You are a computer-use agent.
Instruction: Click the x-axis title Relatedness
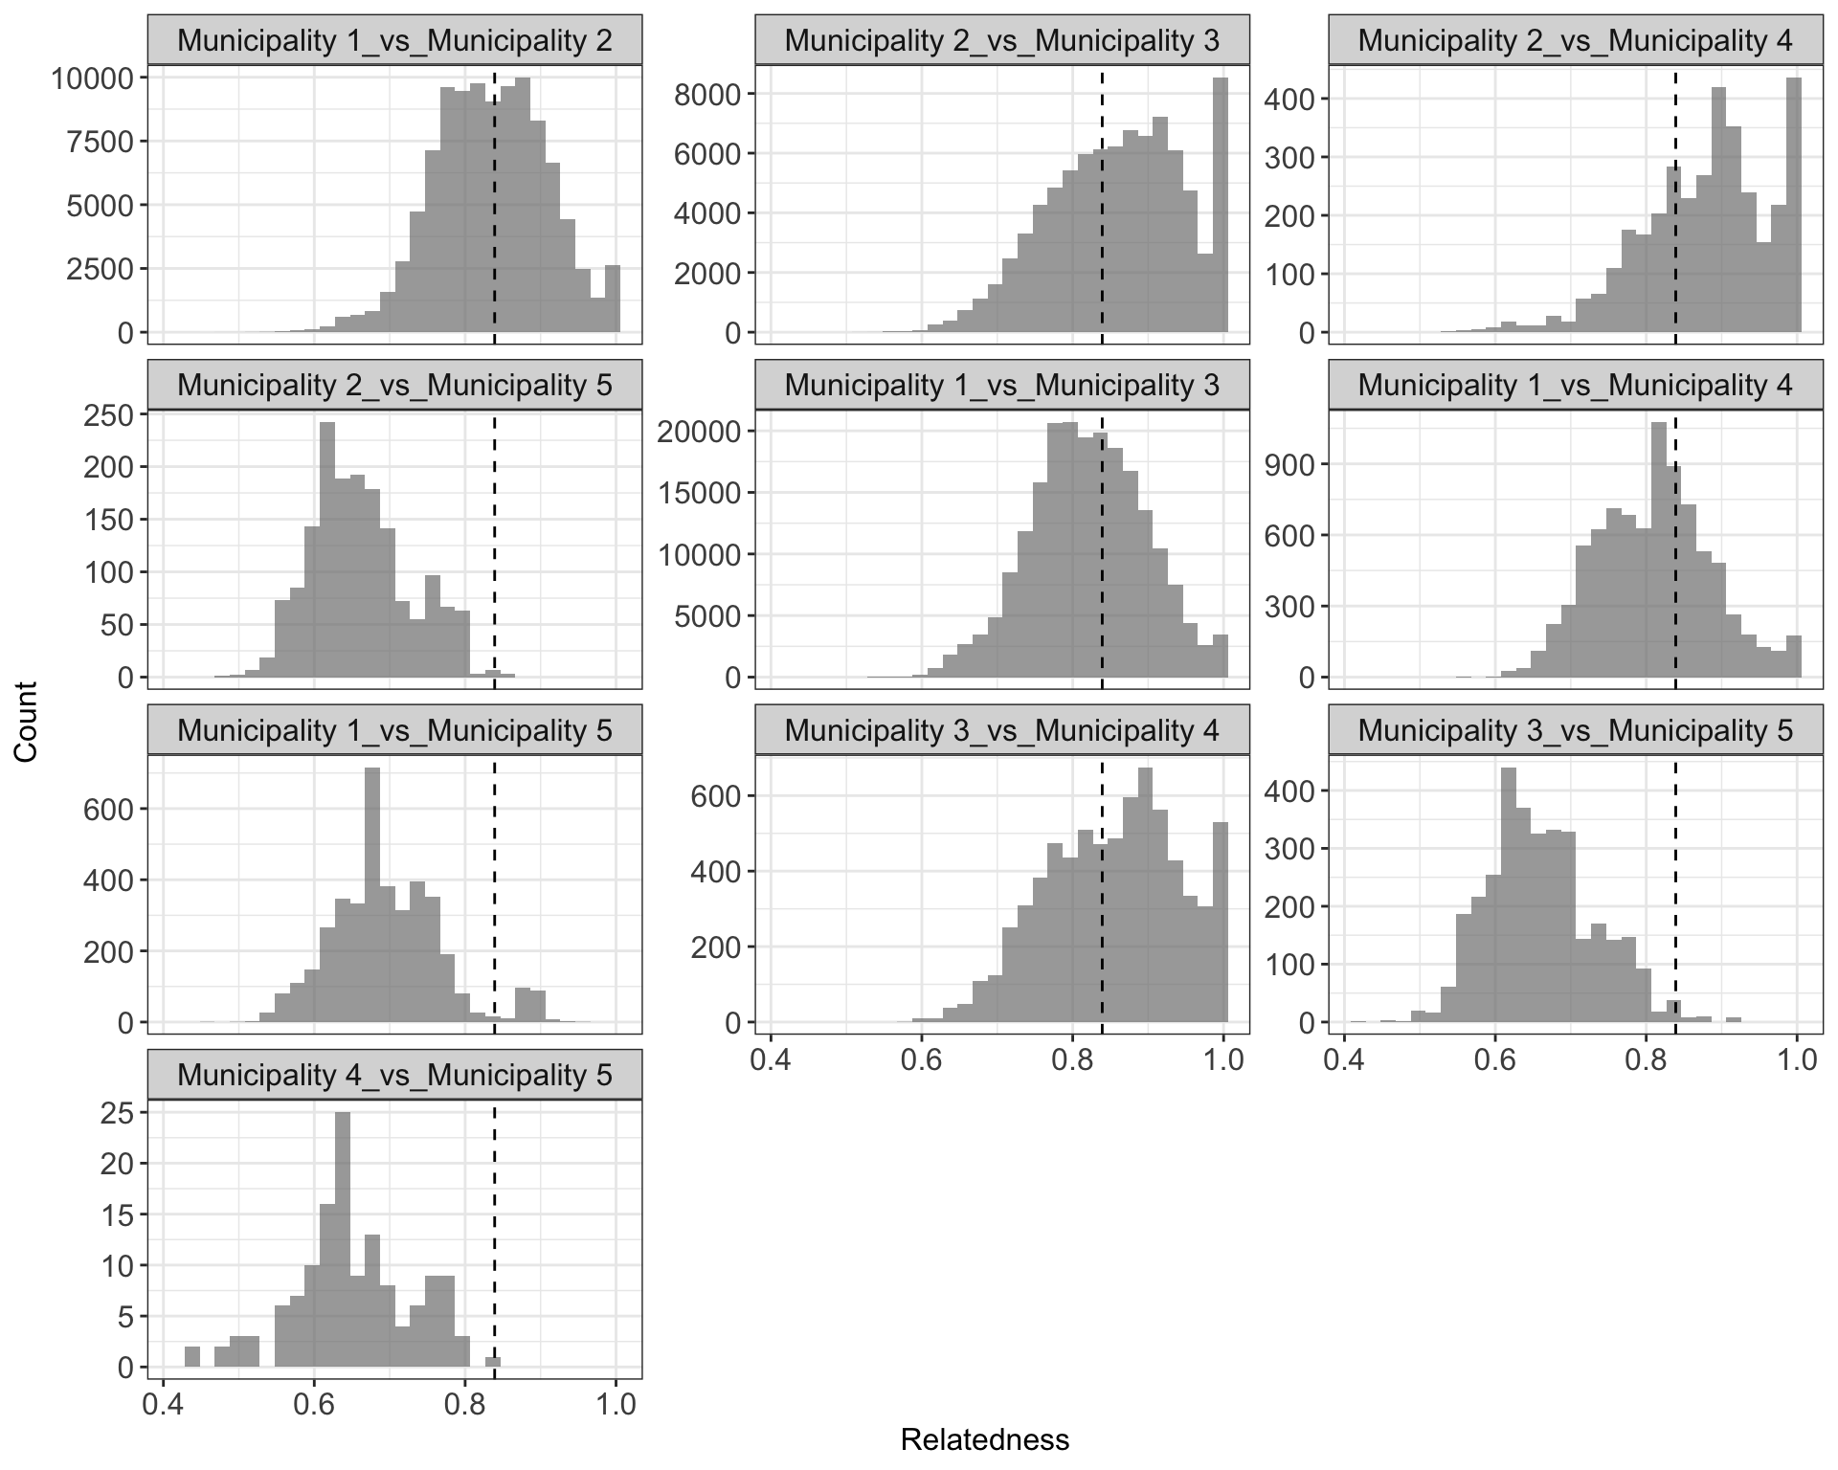tap(984, 1439)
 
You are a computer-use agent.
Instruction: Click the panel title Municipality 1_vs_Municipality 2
tap(394, 40)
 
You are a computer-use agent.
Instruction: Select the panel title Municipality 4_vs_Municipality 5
tap(394, 1075)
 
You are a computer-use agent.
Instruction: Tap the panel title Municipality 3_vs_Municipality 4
tap(1001, 730)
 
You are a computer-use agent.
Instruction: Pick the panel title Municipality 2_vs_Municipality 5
tap(394, 386)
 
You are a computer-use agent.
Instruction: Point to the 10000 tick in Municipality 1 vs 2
tap(92, 78)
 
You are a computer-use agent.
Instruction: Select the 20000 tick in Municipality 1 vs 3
tap(700, 432)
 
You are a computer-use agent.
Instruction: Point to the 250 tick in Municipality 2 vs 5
tap(117, 415)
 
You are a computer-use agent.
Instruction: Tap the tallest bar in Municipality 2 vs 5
tap(327, 550)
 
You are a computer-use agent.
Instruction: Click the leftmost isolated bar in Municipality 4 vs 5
tap(192, 1357)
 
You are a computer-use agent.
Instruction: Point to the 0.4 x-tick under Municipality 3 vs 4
tap(772, 1060)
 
